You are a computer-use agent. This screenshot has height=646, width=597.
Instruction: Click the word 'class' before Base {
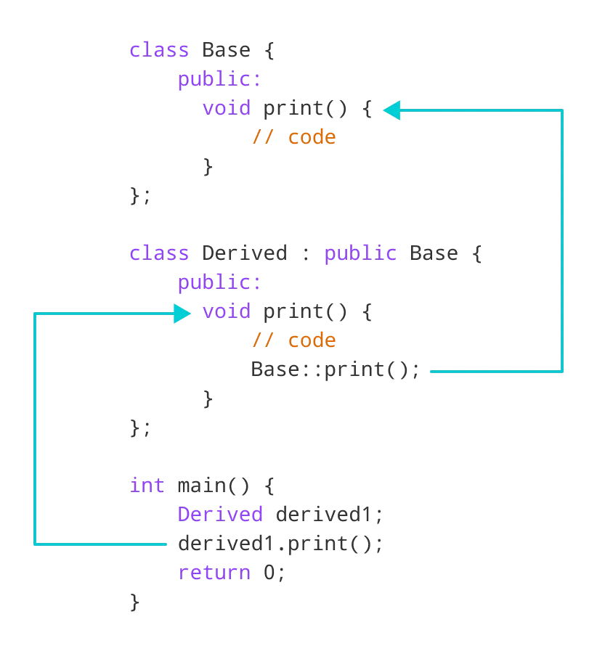click(x=158, y=51)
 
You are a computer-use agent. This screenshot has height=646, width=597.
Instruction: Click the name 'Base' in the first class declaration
click(x=226, y=51)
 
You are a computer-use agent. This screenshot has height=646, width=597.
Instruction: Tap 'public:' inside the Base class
click(x=219, y=80)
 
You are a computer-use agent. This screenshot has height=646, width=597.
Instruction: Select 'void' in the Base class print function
click(x=226, y=109)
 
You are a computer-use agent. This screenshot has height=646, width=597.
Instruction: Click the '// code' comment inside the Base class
click(x=293, y=138)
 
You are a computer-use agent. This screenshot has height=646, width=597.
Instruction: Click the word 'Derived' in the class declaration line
click(x=244, y=254)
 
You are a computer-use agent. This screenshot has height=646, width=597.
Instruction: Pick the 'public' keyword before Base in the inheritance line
click(x=360, y=254)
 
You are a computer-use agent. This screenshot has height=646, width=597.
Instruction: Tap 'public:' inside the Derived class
click(x=219, y=283)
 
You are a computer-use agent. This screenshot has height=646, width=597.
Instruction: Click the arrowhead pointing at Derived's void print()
click(x=182, y=314)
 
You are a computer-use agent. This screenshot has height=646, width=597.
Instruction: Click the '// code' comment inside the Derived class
click(x=293, y=341)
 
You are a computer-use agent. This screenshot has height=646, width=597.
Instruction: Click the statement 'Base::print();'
click(x=336, y=370)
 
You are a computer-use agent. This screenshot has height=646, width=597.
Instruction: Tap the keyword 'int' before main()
click(x=147, y=486)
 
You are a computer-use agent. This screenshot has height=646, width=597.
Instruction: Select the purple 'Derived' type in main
click(x=220, y=515)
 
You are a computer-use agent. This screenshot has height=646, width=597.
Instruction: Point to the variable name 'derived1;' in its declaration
click(x=329, y=515)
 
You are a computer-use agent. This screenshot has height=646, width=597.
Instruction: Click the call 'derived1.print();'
click(x=280, y=544)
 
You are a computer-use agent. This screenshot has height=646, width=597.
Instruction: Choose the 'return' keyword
click(x=214, y=573)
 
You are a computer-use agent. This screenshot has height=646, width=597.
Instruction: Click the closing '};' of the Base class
click(x=139, y=196)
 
